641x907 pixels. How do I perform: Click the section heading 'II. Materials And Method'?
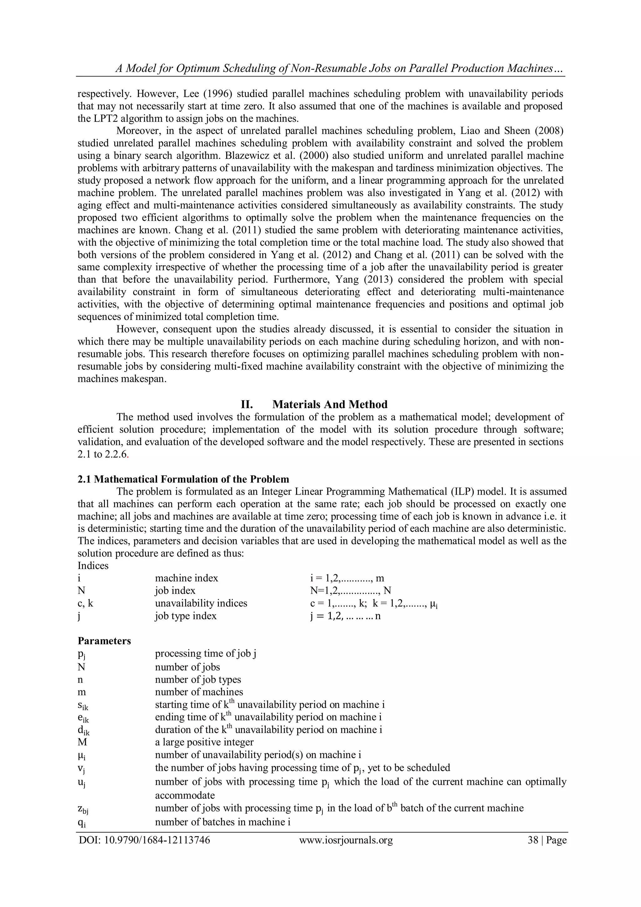(314, 405)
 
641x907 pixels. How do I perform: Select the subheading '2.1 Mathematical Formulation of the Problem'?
(183, 479)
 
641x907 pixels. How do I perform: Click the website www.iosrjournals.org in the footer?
(346, 840)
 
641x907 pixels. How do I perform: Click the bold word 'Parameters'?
(104, 641)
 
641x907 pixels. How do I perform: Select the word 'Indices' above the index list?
(93, 566)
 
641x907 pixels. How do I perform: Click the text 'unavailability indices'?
(201, 603)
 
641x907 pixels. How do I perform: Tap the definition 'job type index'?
(185, 616)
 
